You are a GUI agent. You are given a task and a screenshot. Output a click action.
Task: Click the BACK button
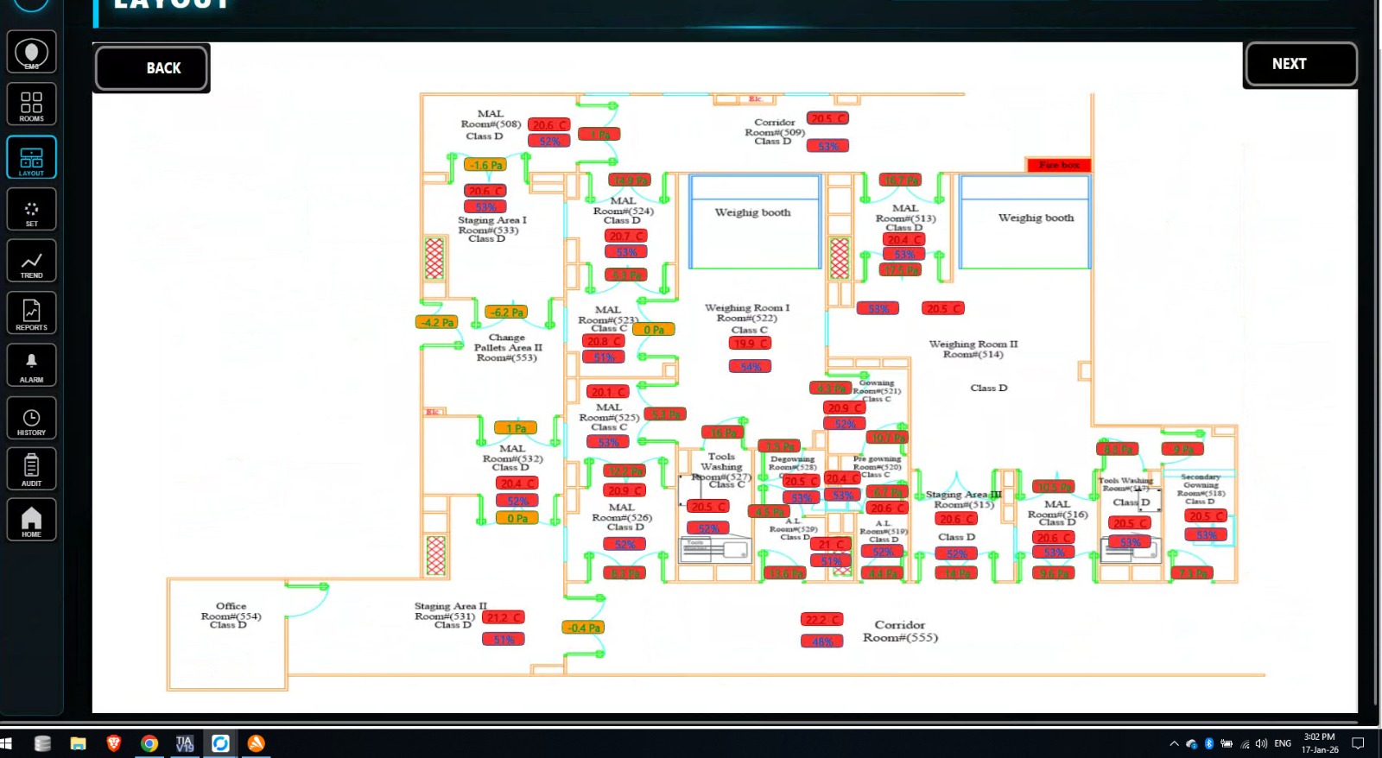[x=152, y=68]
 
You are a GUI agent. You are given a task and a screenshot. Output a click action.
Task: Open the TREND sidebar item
[x=32, y=262]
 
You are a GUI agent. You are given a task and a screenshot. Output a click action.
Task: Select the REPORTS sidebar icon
[x=32, y=313]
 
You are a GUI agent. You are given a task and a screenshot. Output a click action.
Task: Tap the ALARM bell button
[x=32, y=365]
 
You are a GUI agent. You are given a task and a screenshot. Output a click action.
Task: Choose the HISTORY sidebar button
[x=32, y=419]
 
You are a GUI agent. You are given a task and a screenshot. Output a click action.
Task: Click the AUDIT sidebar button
[x=32, y=470]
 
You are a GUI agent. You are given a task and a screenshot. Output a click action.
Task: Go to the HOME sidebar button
[x=32, y=521]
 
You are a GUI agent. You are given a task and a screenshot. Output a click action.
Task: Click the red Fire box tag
[x=1059, y=165]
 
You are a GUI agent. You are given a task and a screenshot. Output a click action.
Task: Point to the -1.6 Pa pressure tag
[x=485, y=165]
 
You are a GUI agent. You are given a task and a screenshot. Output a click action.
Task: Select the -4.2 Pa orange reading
[x=437, y=323]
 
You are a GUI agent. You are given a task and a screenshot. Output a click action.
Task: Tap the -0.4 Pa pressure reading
[x=584, y=628]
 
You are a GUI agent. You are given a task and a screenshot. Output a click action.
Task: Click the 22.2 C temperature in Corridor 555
[x=821, y=620]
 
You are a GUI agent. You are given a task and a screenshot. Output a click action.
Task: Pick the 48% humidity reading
[x=821, y=641]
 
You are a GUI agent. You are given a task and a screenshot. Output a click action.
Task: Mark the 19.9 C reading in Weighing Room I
[x=749, y=344]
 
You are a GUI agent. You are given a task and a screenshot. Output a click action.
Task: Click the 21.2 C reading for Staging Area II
[x=504, y=618]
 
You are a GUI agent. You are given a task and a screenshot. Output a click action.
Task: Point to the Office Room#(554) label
[x=230, y=616]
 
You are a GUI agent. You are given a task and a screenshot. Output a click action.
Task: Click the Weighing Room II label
[x=973, y=349]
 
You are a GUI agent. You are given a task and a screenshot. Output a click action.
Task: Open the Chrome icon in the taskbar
[x=149, y=743]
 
